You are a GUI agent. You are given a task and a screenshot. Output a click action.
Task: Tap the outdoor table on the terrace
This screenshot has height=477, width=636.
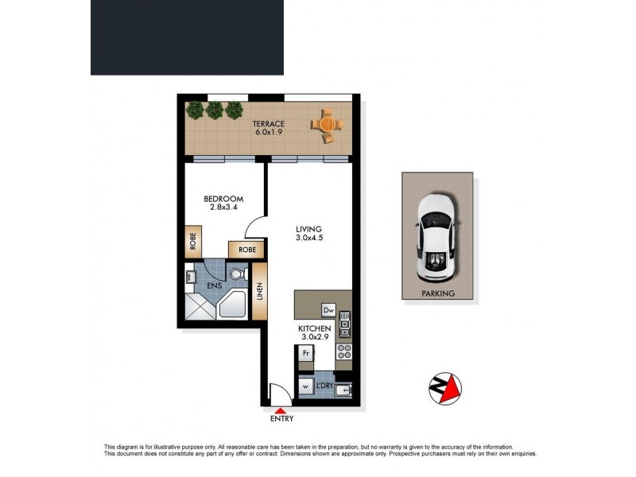click(328, 124)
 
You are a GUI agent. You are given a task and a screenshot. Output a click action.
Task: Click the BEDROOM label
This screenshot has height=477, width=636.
click(223, 199)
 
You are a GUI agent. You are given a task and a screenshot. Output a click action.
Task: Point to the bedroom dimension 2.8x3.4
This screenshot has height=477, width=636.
click(223, 208)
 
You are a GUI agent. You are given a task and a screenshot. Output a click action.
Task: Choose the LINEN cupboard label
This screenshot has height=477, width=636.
click(260, 292)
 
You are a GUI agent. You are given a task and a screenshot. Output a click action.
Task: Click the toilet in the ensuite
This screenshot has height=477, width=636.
click(236, 274)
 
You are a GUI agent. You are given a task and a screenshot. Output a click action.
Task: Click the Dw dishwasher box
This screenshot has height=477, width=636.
click(328, 310)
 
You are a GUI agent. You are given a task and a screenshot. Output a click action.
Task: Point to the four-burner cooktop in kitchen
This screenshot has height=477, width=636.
click(344, 351)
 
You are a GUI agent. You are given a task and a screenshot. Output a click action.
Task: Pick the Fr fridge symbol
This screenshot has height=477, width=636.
click(304, 351)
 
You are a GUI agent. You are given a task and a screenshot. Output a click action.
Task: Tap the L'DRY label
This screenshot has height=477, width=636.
click(324, 386)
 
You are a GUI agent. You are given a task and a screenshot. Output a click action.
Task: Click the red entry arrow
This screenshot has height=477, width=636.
click(278, 409)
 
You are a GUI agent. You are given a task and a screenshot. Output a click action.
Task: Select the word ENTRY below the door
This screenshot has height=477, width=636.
click(281, 419)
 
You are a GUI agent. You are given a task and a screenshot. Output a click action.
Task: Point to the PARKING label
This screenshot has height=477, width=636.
click(438, 293)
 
